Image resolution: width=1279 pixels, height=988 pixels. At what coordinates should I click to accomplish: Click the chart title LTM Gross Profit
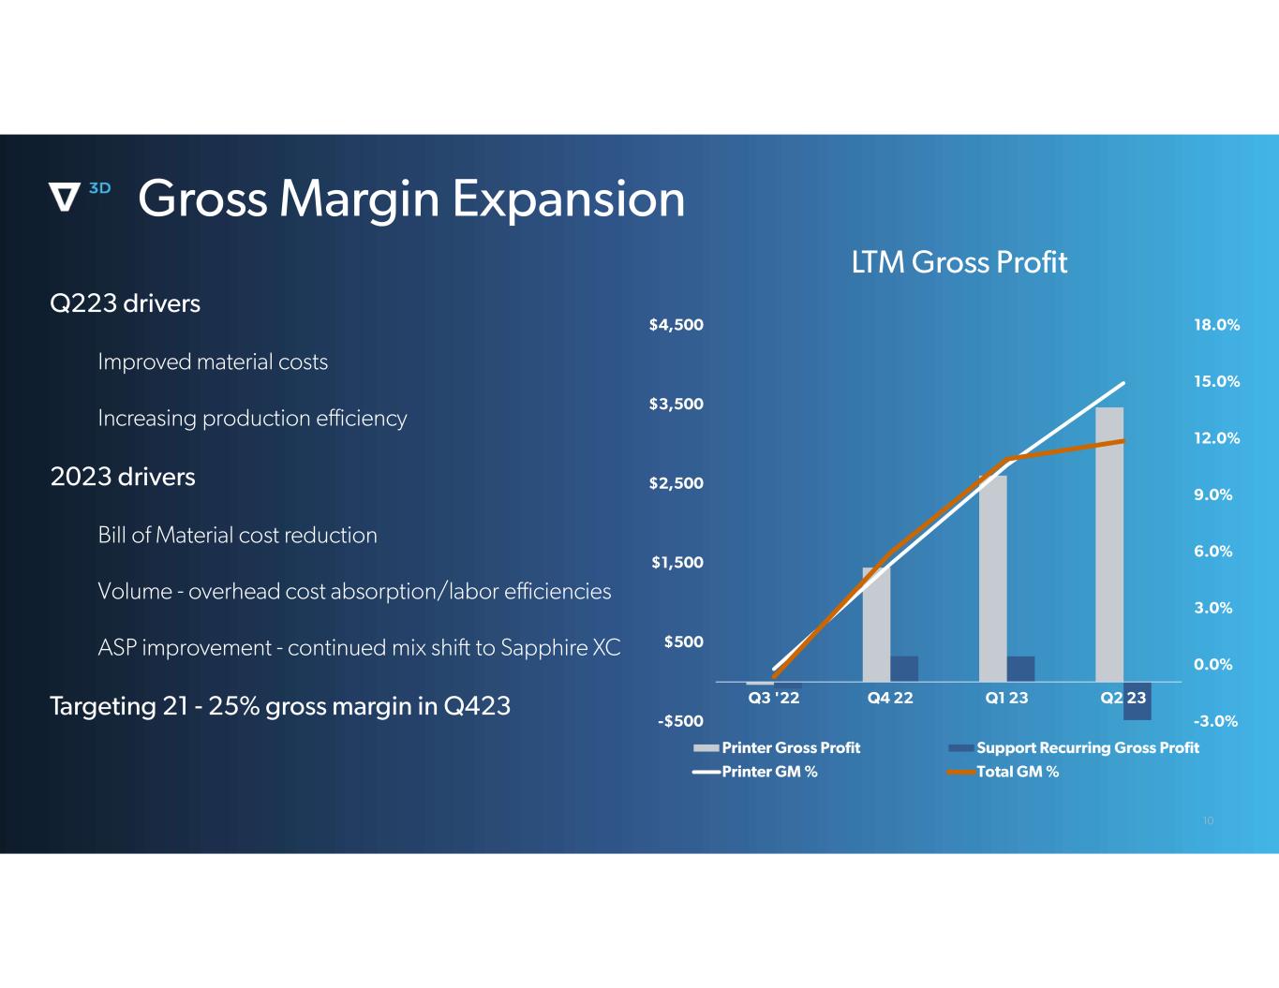pyautogui.click(x=959, y=262)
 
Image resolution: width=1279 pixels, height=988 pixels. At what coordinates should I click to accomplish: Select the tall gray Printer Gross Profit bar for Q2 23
pyautogui.click(x=1109, y=543)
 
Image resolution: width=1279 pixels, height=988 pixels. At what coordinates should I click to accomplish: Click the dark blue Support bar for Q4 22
pyautogui.click(x=904, y=669)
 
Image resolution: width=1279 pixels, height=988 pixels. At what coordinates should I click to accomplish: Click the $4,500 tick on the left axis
pyautogui.click(x=676, y=325)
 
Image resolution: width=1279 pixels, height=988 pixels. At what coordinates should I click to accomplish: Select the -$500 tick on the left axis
pyautogui.click(x=680, y=721)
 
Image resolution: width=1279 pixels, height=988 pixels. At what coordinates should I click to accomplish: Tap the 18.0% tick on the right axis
pyautogui.click(x=1216, y=325)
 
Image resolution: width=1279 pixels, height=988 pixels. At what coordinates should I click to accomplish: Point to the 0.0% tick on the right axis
pyautogui.click(x=1212, y=665)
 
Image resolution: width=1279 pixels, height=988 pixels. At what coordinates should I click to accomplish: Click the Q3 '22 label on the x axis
pyautogui.click(x=774, y=698)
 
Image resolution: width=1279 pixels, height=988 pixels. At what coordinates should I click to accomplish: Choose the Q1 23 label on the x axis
pyautogui.click(x=1006, y=698)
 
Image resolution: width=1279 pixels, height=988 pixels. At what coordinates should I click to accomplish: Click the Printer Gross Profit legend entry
pyautogui.click(x=790, y=747)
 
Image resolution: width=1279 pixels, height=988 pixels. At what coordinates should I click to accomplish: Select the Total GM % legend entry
pyautogui.click(x=1017, y=772)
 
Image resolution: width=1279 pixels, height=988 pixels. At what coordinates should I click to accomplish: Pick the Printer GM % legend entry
pyautogui.click(x=768, y=772)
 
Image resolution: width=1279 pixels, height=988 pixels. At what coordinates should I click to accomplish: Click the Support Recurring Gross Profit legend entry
pyautogui.click(x=1087, y=747)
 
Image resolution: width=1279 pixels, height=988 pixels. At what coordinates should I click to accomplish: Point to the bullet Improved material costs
pyautogui.click(x=213, y=362)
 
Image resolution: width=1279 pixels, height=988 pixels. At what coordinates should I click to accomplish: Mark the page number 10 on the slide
pyautogui.click(x=1208, y=821)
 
